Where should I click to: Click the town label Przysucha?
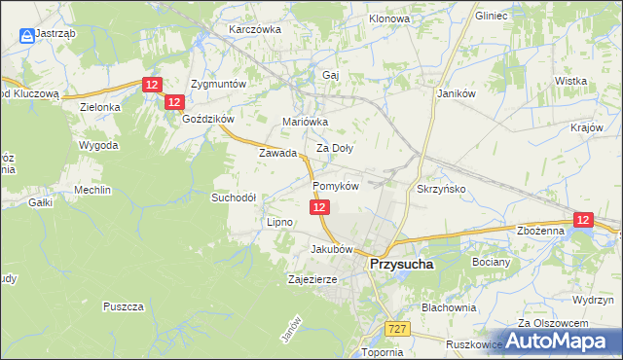point(401,263)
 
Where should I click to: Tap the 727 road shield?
point(395,330)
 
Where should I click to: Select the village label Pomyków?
point(337,186)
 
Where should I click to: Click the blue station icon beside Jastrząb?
point(24,36)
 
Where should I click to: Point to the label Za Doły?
point(335,149)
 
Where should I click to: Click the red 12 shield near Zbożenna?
point(583,221)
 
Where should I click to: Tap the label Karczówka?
point(254,29)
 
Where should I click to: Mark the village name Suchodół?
point(234,197)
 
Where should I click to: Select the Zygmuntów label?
point(220,84)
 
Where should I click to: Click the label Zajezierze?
point(312,279)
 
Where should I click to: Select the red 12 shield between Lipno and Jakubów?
point(320,207)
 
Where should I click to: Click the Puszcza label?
point(123,306)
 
